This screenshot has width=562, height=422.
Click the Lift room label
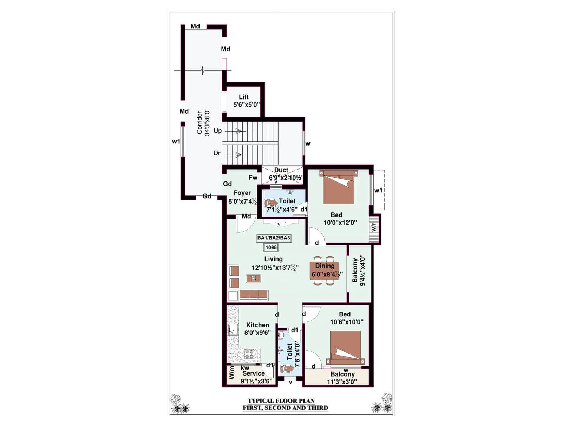243,97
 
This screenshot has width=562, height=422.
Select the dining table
324,270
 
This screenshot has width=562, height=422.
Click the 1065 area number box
271,248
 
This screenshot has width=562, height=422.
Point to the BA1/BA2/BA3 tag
274,238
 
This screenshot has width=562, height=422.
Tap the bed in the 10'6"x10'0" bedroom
345,348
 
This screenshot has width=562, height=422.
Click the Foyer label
242,193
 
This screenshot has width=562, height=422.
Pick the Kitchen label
257,325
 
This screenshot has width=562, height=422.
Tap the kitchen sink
233,330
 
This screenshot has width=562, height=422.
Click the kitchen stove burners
250,353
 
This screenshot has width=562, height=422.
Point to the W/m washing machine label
232,372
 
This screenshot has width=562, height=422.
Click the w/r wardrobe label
374,227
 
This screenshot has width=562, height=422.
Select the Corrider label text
200,123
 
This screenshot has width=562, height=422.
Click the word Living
273,259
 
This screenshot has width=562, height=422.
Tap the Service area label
254,374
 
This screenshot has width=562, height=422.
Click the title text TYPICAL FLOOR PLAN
281,401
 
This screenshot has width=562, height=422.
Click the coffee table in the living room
253,279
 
